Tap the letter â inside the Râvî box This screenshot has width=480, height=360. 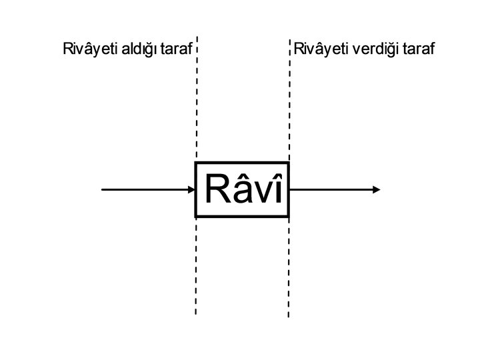tap(241, 190)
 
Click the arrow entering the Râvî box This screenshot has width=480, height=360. tap(147, 190)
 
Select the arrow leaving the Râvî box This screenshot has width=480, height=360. tap(333, 190)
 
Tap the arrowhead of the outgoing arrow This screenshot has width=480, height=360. tap(377, 190)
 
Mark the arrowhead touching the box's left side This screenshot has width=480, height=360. tap(191, 190)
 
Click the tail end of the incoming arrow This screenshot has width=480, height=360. tap(103, 190)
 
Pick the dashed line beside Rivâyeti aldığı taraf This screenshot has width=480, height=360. tap(197, 100)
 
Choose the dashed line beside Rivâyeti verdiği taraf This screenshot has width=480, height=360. tap(290, 100)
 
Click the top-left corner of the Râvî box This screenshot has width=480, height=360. tap(195, 163)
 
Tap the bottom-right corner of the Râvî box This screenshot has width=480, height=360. tap(288, 217)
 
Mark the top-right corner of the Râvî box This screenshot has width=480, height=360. tap(288, 163)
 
